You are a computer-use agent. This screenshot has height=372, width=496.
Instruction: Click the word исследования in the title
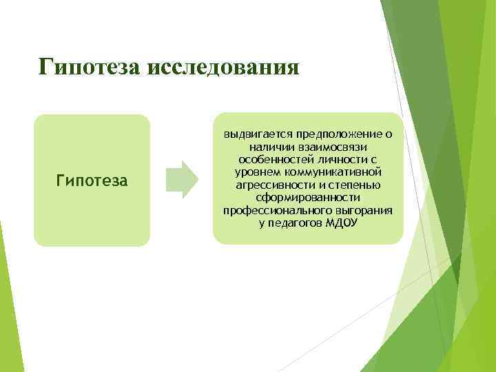click(x=231, y=69)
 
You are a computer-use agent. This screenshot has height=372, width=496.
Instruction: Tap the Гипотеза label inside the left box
click(x=92, y=180)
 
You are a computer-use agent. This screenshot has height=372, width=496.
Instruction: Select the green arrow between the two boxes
click(x=183, y=180)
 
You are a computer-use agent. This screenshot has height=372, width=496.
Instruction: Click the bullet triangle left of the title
click(x=17, y=69)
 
